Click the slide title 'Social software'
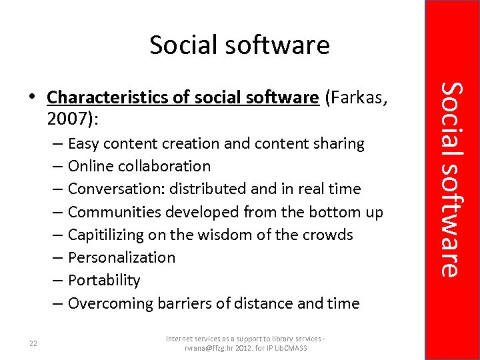239,45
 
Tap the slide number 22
33,343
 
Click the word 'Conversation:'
116,189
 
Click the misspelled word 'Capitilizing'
111,235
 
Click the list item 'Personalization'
121,258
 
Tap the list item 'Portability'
104,281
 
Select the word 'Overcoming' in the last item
110,303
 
